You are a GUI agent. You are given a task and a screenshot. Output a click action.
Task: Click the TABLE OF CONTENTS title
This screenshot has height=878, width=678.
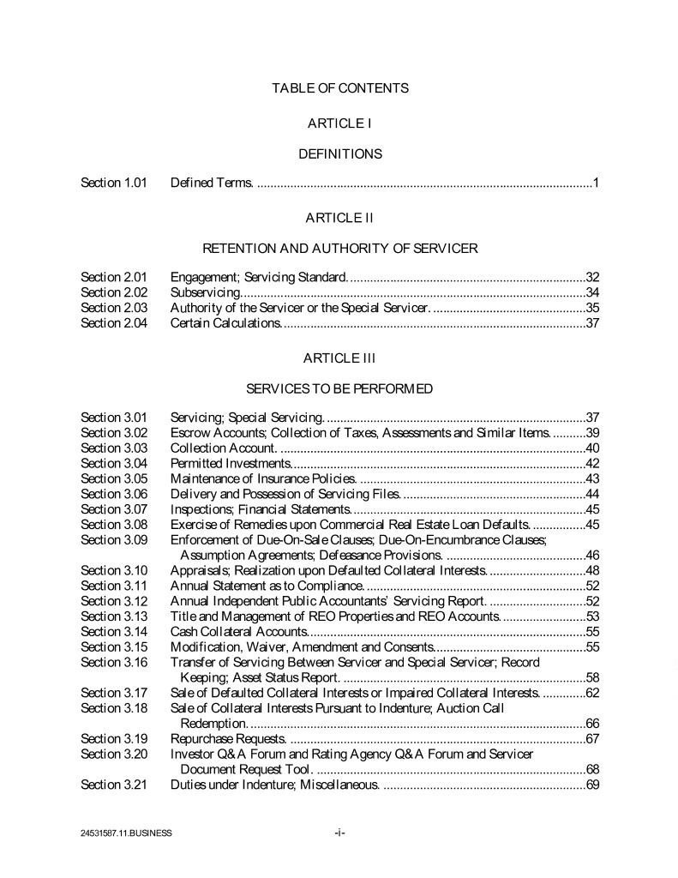339,87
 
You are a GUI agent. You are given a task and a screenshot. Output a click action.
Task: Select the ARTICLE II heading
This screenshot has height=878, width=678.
339,218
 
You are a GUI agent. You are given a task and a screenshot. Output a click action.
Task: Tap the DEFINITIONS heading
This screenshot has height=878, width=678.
339,154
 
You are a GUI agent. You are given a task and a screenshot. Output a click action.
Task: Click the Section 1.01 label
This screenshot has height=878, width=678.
114,183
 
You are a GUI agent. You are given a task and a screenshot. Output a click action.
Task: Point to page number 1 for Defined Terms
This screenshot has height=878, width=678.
595,183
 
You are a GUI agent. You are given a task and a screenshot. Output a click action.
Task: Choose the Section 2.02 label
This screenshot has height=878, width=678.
114,292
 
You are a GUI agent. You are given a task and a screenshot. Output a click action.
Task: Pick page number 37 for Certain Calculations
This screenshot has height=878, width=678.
592,323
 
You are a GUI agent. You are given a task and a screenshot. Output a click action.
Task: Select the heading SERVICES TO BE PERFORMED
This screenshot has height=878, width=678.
339,388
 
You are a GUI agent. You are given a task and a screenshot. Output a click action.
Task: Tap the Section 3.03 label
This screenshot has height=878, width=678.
114,448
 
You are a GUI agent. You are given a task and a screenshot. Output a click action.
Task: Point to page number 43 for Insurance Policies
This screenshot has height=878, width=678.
592,478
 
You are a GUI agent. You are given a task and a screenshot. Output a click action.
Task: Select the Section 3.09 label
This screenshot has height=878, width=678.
114,539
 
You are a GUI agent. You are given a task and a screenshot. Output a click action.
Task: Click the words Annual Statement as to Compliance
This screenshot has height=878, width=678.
268,586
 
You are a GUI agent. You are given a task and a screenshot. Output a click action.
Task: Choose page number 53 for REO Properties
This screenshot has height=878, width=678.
592,616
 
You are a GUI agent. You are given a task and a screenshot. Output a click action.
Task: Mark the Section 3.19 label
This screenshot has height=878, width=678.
114,738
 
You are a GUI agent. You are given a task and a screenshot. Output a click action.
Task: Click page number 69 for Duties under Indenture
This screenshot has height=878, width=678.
592,785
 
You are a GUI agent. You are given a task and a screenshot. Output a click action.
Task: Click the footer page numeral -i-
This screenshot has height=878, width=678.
339,832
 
